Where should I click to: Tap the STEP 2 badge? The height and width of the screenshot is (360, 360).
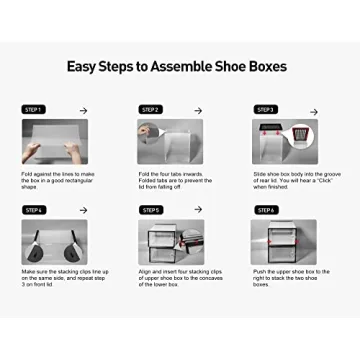point(151,109)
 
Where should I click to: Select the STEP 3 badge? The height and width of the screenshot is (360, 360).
point(266,109)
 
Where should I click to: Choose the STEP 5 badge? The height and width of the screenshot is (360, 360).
point(151,210)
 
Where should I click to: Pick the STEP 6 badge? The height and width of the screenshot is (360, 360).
point(266,210)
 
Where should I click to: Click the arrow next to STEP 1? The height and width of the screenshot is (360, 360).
point(84,110)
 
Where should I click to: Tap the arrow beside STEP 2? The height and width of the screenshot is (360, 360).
point(200,110)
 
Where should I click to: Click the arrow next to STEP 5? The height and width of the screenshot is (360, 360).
point(200,210)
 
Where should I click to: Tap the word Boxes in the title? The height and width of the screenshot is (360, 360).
point(266,67)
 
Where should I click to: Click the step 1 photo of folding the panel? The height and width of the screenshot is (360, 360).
point(55,141)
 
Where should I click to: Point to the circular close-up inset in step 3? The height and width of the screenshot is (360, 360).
point(304,135)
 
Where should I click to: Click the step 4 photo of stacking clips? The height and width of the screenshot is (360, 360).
point(55,242)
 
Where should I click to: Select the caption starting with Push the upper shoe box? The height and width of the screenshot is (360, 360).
point(289,280)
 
